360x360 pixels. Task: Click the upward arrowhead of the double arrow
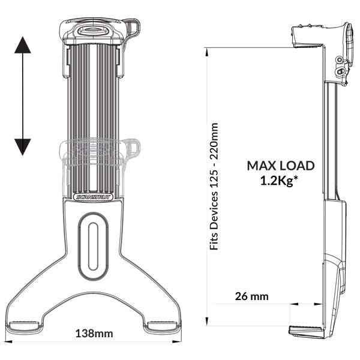pos(23,45)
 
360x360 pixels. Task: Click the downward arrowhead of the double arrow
pos(23,146)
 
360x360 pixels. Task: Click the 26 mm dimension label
pos(253,296)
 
